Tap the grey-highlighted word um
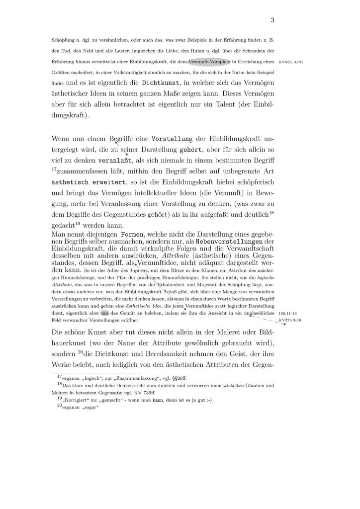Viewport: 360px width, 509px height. (x=104, y=313)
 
